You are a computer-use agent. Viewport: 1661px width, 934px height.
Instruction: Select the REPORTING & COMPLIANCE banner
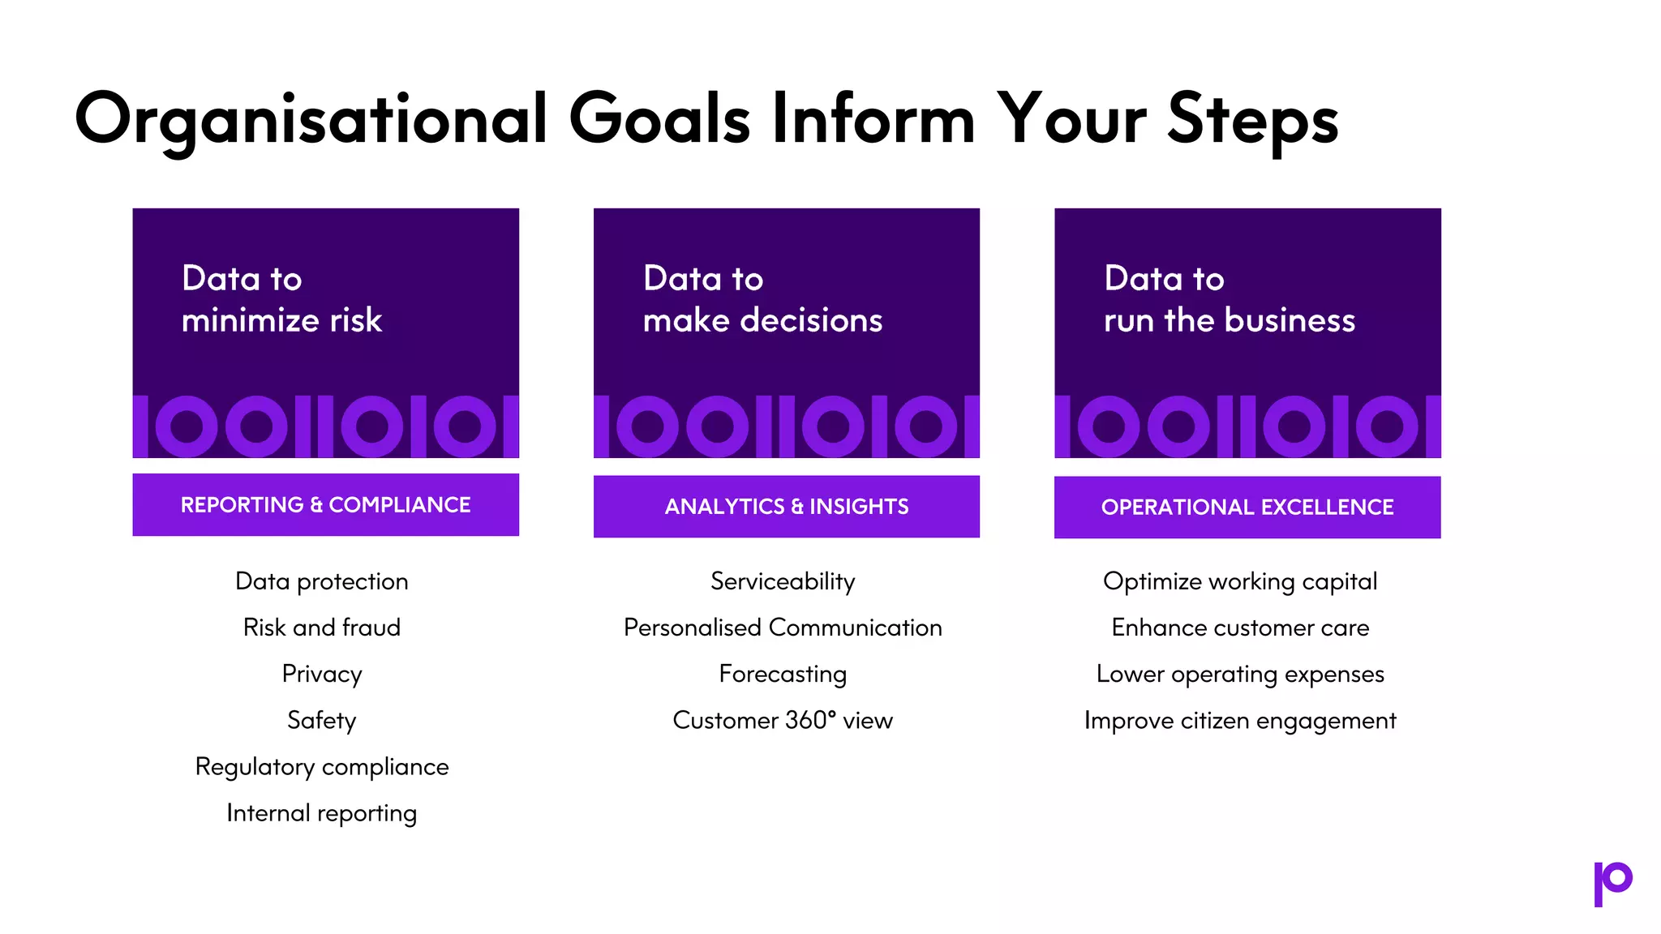[x=325, y=504]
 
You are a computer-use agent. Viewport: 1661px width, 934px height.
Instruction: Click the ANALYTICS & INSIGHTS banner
[x=786, y=506]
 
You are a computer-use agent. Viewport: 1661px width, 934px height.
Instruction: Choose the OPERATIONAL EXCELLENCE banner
[x=1247, y=507]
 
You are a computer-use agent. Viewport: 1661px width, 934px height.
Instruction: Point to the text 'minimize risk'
[x=281, y=320]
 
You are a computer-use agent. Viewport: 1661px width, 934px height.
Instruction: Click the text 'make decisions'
[x=762, y=320]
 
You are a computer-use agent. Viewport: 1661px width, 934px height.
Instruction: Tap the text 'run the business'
[x=1229, y=320]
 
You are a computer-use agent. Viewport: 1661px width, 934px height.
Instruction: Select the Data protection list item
[x=322, y=581]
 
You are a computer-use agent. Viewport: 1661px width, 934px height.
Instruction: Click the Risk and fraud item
[x=322, y=628]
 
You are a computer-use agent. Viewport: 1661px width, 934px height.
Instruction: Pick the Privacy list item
[x=322, y=674]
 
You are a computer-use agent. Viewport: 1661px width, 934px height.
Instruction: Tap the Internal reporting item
[x=322, y=812]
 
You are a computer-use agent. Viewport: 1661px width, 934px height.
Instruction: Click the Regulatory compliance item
[x=322, y=766]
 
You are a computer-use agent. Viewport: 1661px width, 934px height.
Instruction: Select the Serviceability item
[x=783, y=581]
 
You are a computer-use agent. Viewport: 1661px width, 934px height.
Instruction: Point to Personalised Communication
[x=783, y=628]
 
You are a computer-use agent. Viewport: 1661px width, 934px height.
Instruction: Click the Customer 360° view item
[x=783, y=720]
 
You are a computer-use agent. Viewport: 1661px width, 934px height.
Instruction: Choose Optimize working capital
[x=1240, y=581]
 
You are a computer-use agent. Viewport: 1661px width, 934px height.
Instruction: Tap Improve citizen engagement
[x=1240, y=720]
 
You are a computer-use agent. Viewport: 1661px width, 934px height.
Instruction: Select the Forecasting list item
[x=783, y=674]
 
